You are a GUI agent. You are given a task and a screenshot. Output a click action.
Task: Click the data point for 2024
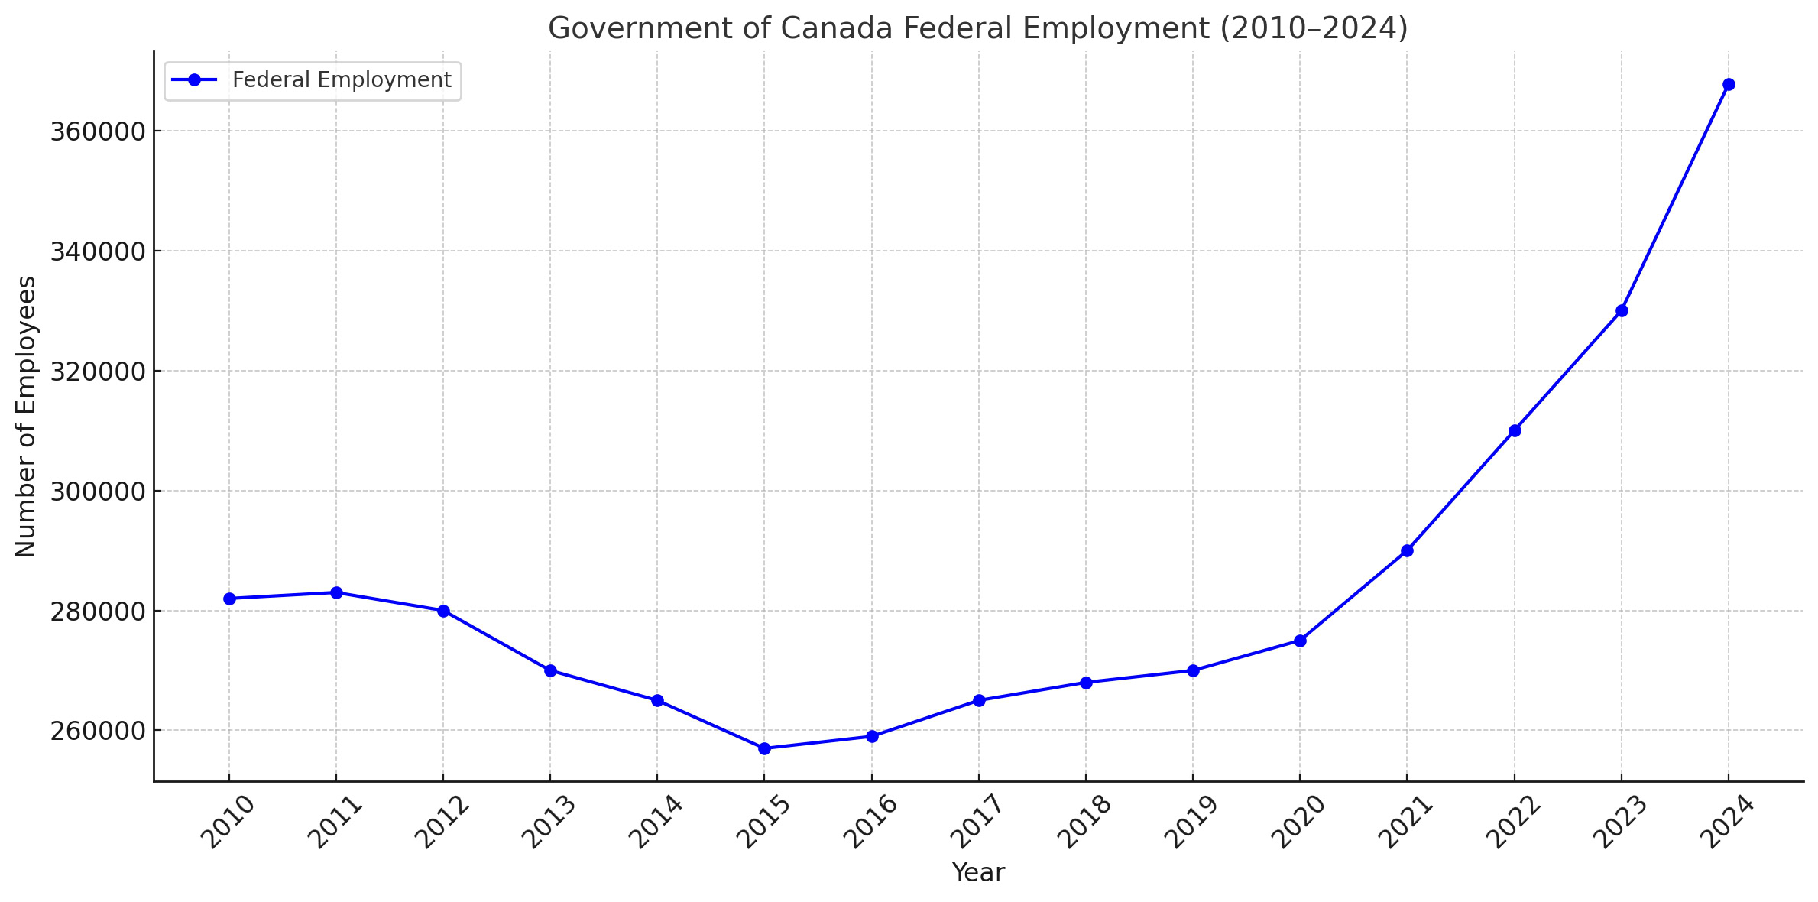point(1729,84)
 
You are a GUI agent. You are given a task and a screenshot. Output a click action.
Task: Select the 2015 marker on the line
point(764,748)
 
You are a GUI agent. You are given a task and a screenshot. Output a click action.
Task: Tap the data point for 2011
point(336,592)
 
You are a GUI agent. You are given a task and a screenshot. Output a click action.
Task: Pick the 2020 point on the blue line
point(1300,641)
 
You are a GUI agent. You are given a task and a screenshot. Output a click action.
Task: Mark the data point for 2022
point(1515,430)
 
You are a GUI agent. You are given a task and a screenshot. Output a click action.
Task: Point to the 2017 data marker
point(979,700)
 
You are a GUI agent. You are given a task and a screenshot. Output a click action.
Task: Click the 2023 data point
point(1622,310)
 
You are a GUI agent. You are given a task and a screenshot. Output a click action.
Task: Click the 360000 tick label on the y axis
point(97,131)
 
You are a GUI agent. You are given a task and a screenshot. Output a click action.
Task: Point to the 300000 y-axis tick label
point(97,492)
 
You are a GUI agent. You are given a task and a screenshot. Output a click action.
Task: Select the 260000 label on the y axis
point(97,731)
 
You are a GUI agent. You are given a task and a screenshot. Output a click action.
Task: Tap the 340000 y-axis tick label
point(97,251)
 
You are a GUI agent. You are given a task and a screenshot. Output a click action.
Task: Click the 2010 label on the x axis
point(227,823)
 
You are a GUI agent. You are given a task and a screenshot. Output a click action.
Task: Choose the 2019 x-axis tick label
point(1191,823)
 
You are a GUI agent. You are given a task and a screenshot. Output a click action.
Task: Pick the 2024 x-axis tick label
point(1726,823)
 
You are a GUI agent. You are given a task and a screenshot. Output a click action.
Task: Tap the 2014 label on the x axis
point(655,823)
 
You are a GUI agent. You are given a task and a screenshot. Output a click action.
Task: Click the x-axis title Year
point(978,873)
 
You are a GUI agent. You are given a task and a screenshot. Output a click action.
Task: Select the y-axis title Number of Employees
point(26,417)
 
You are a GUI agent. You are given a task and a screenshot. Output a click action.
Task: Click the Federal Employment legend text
point(342,80)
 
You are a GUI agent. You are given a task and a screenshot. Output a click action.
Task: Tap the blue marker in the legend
point(194,80)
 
